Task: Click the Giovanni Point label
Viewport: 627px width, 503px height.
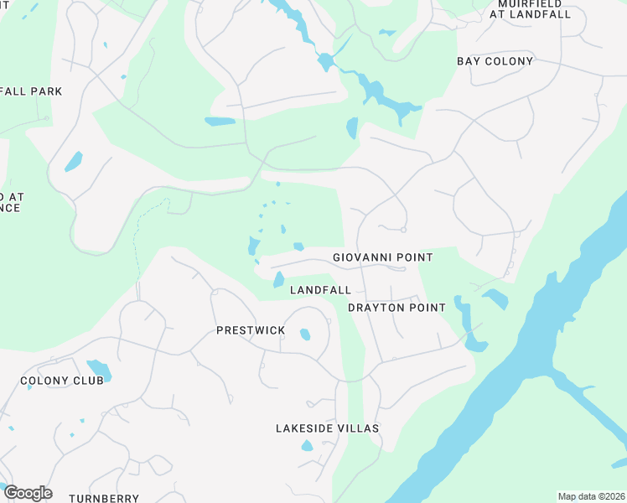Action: click(382, 257)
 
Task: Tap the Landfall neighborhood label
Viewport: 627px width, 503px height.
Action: click(320, 290)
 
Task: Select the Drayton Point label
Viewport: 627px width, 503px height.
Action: click(396, 308)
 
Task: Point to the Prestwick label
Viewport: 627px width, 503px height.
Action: click(251, 330)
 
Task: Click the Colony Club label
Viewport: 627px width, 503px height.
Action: click(62, 381)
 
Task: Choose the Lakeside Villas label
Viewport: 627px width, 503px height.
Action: click(327, 428)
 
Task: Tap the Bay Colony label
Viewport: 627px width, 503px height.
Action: click(495, 61)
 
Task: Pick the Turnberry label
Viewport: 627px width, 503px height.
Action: click(104, 498)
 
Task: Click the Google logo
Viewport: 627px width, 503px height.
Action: click(27, 493)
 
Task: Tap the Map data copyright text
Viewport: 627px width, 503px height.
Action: click(589, 496)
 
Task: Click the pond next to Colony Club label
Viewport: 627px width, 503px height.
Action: click(99, 369)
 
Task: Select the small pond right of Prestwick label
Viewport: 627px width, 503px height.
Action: click(304, 334)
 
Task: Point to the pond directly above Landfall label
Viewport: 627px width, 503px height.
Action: click(278, 279)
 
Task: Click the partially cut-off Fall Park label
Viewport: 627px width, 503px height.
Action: click(30, 91)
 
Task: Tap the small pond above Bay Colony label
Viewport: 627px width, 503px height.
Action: click(386, 33)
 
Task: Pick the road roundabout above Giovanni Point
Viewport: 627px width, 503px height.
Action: click(403, 229)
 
